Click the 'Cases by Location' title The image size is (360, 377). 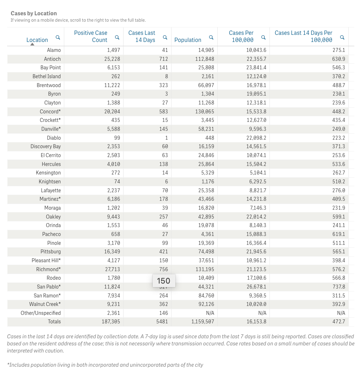[34, 14]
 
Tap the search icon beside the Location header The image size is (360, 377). [58, 37]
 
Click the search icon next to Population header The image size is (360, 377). [211, 37]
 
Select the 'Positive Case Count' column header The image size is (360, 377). [91, 36]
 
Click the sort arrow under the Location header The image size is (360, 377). [32, 44]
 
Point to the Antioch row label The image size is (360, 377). [52, 59]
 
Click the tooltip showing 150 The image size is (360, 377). [163, 281]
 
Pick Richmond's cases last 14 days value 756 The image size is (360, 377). [164, 269]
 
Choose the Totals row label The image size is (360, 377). [54, 322]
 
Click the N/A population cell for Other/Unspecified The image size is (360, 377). [209, 313]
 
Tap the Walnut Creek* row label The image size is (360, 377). [45, 304]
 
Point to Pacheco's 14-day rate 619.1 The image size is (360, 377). [339, 234]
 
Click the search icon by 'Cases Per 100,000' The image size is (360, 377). [263, 37]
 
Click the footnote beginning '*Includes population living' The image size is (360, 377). [105, 365]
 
